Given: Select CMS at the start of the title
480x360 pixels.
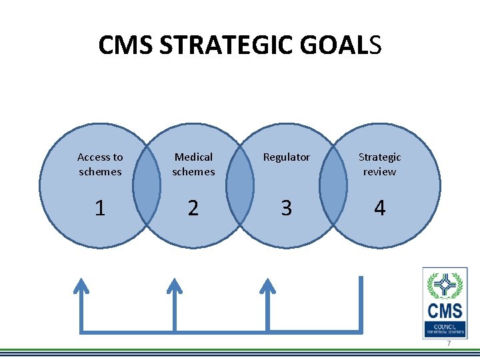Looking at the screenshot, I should [125, 45].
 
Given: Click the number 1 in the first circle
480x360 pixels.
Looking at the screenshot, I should [100, 208].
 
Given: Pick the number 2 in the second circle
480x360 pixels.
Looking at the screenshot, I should [193, 208].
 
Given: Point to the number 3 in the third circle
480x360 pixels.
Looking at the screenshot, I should [286, 208].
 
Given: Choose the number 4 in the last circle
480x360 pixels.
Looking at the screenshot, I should [379, 208].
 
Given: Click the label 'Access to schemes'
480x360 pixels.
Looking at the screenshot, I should [100, 164].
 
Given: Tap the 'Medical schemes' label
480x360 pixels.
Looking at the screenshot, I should [193, 164].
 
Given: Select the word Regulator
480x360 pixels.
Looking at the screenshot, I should [286, 157].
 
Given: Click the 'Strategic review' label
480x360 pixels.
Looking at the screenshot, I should [379, 164].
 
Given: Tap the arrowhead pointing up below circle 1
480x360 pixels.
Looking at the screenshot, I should [81, 286].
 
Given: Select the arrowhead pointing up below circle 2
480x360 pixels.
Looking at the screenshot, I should [175, 286].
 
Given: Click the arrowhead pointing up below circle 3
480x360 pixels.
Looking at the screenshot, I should [268, 286].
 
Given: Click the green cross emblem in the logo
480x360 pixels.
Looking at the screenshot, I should [445, 286].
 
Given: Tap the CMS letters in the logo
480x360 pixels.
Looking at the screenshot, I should [445, 311].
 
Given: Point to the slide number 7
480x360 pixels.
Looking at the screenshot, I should [449, 343].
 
